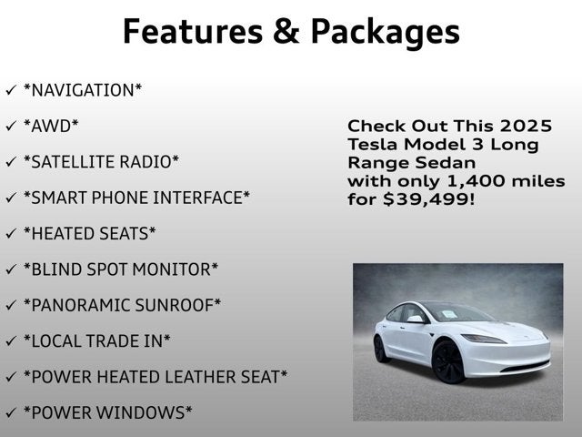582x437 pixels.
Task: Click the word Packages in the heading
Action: point(385,31)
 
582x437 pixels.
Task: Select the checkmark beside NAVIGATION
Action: point(10,90)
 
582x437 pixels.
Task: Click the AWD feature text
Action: point(51,126)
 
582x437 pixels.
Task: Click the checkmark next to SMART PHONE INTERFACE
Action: point(10,198)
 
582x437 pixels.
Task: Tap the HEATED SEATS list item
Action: point(89,233)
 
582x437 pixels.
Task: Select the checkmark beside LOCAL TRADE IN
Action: point(10,340)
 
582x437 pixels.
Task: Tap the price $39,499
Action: point(429,199)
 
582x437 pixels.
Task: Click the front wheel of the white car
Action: point(447,361)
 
